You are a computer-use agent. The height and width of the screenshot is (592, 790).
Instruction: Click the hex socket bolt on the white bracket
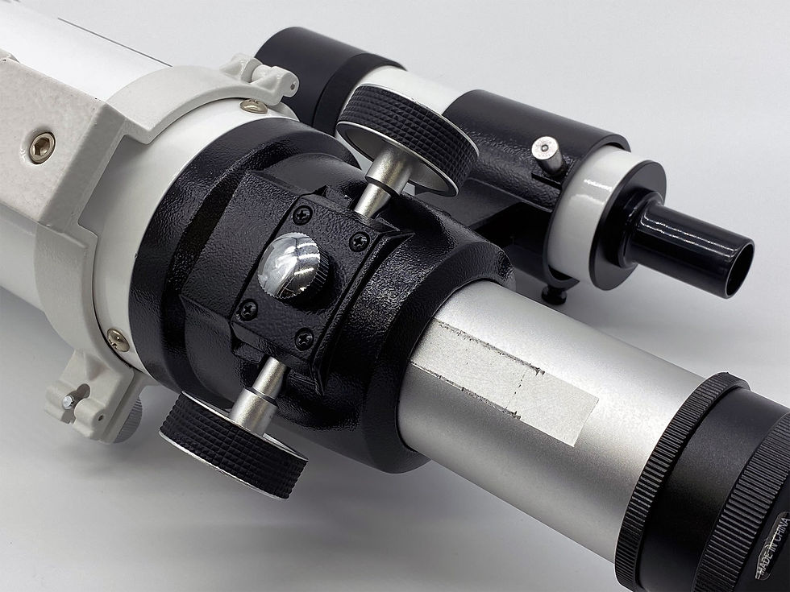(x=42, y=147)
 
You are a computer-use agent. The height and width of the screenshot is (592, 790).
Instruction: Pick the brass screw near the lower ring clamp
(x=118, y=340)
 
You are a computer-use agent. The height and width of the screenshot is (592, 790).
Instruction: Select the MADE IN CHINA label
(x=772, y=545)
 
